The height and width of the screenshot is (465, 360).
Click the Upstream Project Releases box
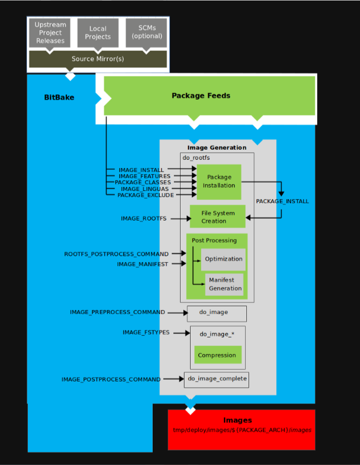pos(50,33)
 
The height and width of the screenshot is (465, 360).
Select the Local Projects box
pos(98,33)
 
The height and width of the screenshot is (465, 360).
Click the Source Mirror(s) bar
pos(98,58)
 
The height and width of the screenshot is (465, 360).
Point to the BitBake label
pos(59,97)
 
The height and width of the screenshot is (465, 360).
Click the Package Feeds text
pos(201,96)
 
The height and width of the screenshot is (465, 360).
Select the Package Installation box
pos(219,182)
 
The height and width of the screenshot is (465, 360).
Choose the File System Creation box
pos(217,217)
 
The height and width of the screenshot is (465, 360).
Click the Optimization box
pos(223,259)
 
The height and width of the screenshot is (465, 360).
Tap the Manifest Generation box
pos(225,285)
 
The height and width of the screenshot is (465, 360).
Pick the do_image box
pos(216,312)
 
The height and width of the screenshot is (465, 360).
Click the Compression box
pos(217,355)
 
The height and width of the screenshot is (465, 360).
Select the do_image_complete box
pos(216,379)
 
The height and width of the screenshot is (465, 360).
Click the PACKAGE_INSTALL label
pos(282,201)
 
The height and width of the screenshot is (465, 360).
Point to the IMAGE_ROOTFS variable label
pos(143,218)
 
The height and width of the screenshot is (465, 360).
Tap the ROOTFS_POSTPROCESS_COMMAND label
pos(116,254)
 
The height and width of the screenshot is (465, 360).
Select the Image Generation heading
pos(217,148)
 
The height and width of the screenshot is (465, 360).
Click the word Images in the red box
pos(237,420)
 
